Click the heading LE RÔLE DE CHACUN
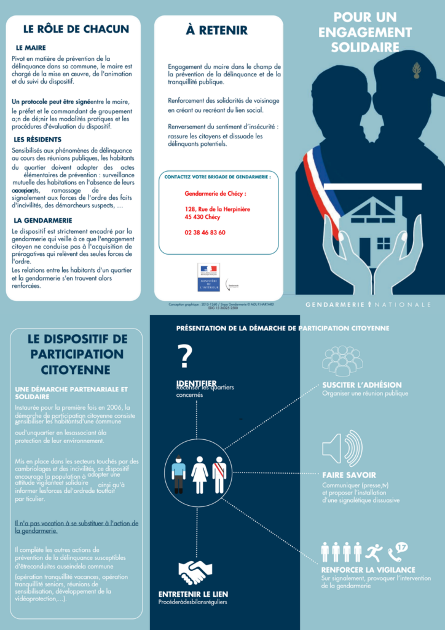pyautogui.click(x=76, y=29)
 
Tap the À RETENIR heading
pyautogui.click(x=217, y=30)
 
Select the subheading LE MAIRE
pyautogui.click(x=31, y=48)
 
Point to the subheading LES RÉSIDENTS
pyautogui.click(x=37, y=140)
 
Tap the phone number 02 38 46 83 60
pyautogui.click(x=205, y=233)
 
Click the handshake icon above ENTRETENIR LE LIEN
pyautogui.click(x=195, y=572)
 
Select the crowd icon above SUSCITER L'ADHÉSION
pyautogui.click(x=342, y=361)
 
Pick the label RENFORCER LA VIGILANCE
pyautogui.click(x=368, y=570)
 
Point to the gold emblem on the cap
pyautogui.click(x=417, y=71)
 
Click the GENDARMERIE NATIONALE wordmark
pyautogui.click(x=368, y=305)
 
